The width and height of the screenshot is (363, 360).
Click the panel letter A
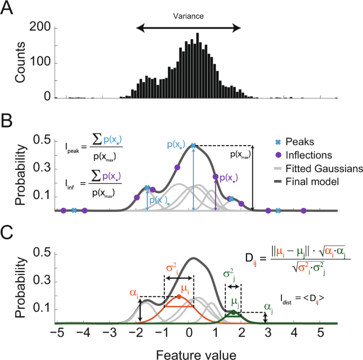pos(10,10)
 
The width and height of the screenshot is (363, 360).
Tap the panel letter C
pos(10,232)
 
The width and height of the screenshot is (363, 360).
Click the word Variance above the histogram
pos(188,16)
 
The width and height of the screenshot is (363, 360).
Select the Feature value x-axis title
pos(188,351)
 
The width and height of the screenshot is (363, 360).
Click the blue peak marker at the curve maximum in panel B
pos(193,146)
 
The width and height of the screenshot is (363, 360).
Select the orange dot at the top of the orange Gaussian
pos(179,296)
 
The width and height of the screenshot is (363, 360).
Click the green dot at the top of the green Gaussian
pos(233,312)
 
